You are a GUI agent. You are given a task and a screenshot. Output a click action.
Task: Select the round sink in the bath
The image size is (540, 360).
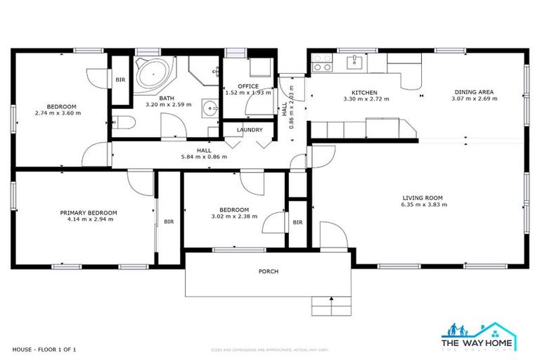[209, 108]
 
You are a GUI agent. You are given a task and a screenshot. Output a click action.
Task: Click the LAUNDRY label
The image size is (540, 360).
[250, 130]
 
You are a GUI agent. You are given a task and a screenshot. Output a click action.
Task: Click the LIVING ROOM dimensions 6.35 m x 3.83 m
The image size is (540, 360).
[425, 205]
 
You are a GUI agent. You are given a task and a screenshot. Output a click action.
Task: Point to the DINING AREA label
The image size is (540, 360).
[474, 92]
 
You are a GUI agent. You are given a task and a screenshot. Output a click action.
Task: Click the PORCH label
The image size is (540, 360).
[268, 271]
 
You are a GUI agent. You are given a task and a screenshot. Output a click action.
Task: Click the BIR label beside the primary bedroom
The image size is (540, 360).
[169, 221]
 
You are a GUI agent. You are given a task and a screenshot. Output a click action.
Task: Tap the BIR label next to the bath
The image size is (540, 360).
[120, 80]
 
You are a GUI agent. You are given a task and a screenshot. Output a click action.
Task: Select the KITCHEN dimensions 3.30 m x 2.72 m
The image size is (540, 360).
[365, 99]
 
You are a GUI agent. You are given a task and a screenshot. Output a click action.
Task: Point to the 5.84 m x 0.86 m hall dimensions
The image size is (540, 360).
[204, 157]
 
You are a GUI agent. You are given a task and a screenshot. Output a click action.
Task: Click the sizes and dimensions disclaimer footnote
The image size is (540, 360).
[270, 349]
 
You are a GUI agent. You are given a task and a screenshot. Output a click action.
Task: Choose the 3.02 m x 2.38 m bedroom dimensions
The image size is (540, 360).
[233, 217]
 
